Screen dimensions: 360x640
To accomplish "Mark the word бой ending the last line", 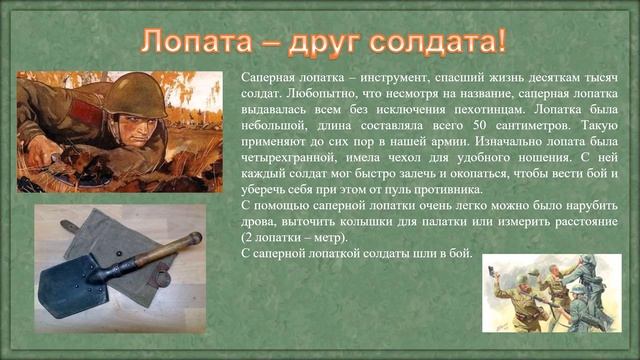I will tap(460, 253).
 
